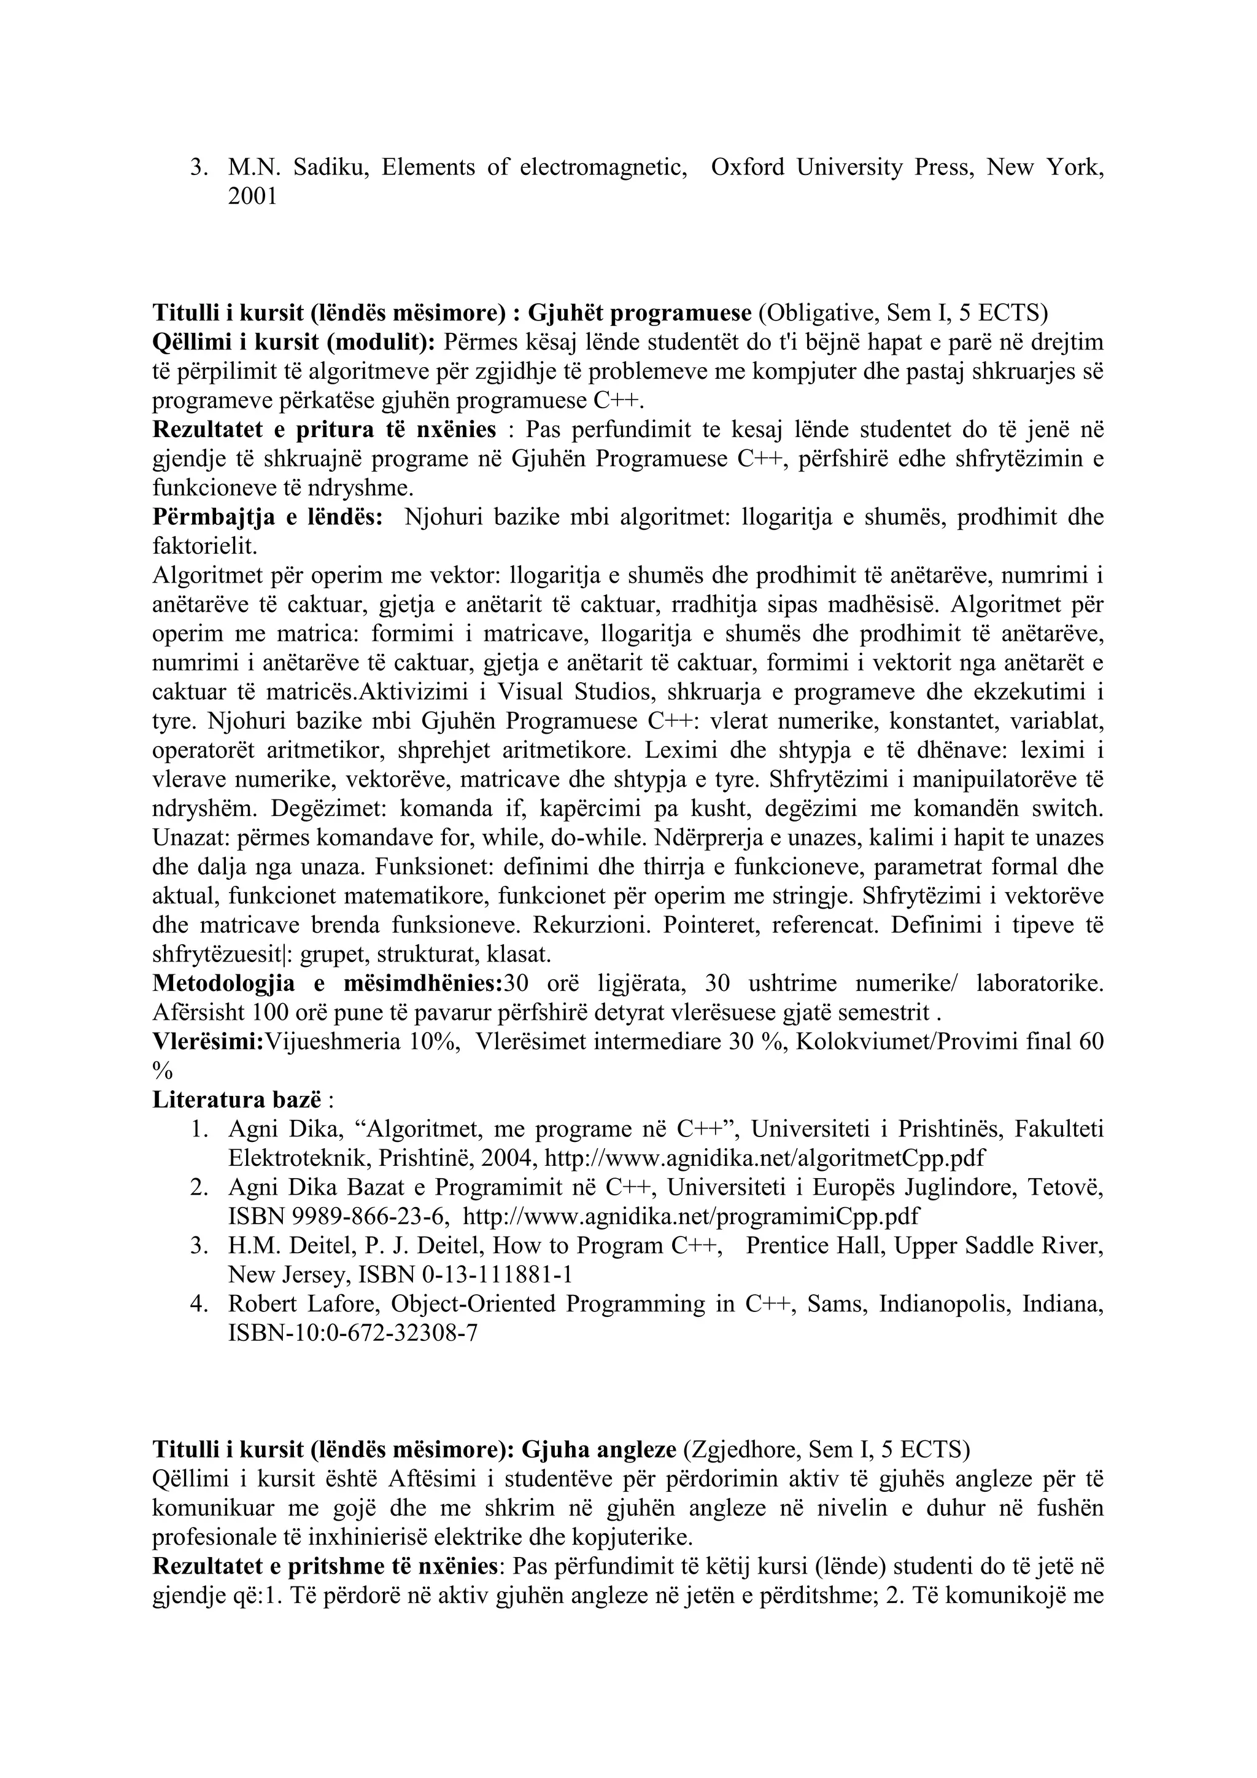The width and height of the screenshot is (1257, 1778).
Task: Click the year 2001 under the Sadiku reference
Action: tap(252, 196)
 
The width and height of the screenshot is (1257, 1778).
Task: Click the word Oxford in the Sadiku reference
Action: tap(747, 167)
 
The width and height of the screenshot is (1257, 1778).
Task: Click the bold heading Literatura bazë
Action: tap(237, 1100)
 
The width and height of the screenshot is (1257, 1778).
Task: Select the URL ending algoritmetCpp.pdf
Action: tap(765, 1159)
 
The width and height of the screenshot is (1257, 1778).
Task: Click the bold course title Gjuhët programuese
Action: tap(640, 313)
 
